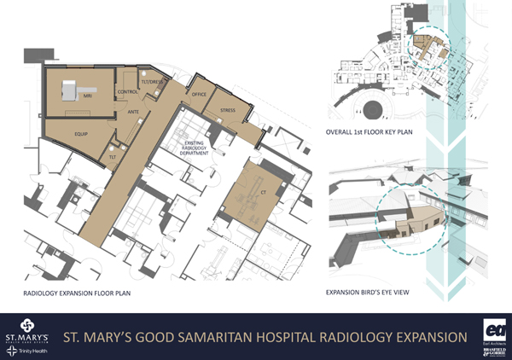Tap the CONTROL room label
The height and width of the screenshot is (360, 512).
click(x=127, y=91)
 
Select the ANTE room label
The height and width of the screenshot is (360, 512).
click(x=133, y=110)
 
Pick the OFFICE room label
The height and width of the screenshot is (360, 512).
click(x=200, y=94)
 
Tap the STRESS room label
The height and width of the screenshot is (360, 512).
click(x=227, y=110)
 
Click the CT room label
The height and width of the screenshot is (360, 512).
click(x=253, y=194)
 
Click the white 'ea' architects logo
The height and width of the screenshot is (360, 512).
click(x=494, y=328)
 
